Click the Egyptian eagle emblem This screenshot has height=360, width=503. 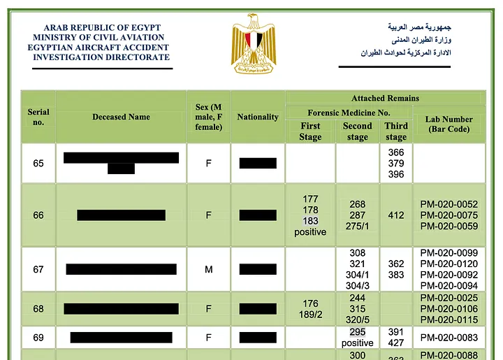click(254, 44)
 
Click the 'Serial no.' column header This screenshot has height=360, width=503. click(38, 117)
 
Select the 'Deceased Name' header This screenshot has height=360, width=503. click(121, 117)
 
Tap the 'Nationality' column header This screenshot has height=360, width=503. click(258, 117)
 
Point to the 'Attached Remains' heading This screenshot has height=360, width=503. click(385, 98)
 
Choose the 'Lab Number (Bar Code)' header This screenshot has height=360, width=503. click(449, 124)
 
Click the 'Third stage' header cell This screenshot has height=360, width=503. click(396, 131)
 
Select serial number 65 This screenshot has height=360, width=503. click(38, 164)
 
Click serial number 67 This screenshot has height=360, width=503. click(38, 269)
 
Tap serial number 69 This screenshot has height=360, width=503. click(38, 338)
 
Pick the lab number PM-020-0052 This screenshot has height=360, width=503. click(449, 204)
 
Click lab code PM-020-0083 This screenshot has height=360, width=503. click(449, 338)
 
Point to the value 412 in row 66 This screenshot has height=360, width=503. click(396, 215)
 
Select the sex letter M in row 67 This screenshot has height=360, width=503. click(208, 269)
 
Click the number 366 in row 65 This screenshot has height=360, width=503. click(396, 152)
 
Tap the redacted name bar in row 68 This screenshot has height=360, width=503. click(121, 309)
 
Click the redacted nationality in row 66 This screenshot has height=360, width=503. click(258, 215)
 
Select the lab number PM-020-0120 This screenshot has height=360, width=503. click(449, 264)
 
